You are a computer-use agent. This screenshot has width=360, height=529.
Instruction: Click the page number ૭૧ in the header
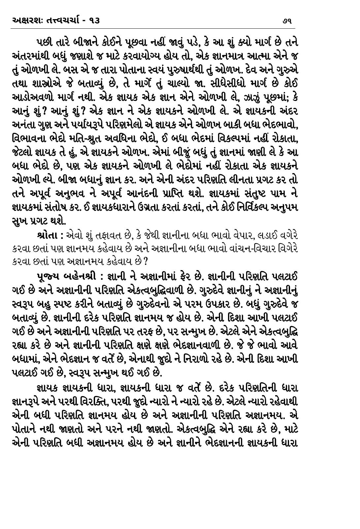click(x=286, y=21)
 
